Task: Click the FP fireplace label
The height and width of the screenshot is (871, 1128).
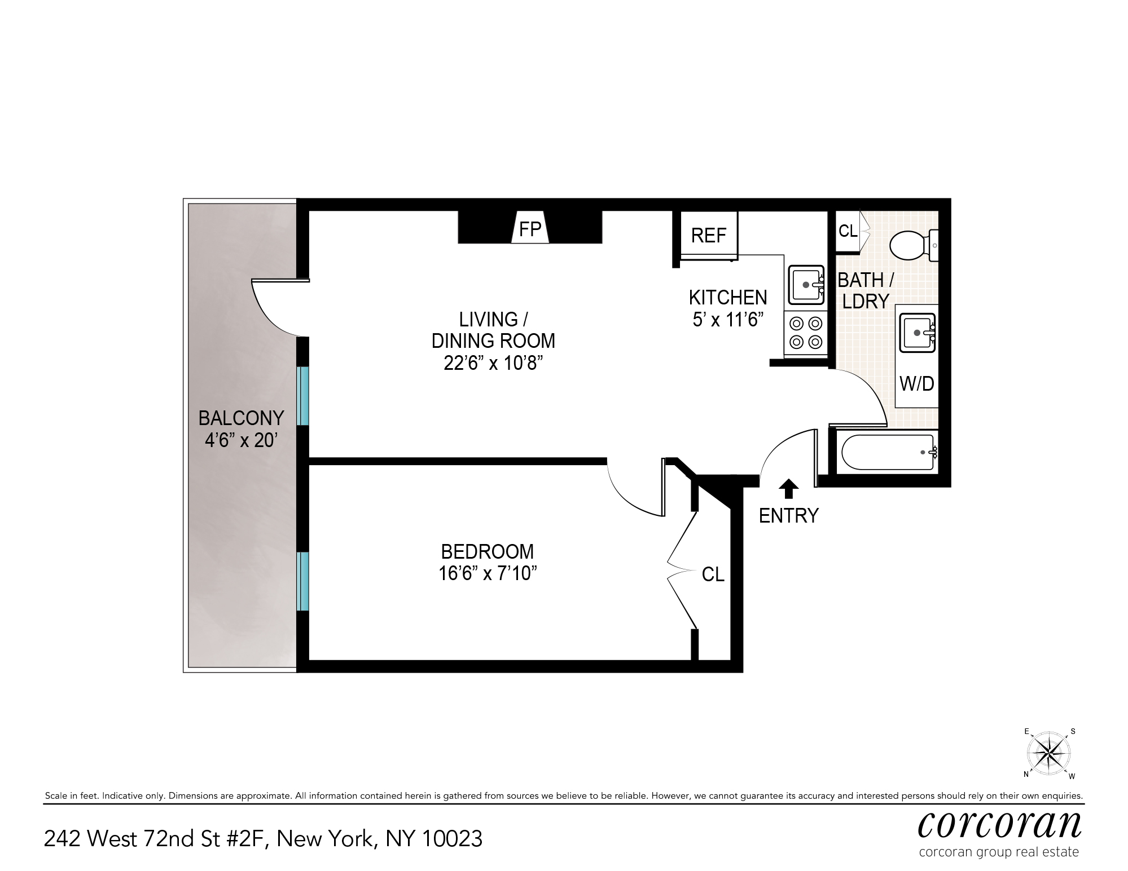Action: point(530,229)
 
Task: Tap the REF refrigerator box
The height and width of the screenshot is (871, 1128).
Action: point(709,235)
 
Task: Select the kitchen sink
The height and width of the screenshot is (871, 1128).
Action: point(806,285)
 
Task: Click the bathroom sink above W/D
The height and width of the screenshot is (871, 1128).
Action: point(917,332)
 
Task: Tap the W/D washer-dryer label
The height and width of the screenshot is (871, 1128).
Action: point(917,384)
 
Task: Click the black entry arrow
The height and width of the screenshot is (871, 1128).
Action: point(788,489)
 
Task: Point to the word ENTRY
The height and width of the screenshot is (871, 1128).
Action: point(788,516)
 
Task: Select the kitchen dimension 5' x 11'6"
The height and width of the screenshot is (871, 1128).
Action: point(728,320)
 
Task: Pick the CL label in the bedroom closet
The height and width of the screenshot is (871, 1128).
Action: point(713,574)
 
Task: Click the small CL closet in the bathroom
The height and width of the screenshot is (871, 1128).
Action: point(848,231)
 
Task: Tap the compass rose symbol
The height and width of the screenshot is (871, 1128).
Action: point(1048,754)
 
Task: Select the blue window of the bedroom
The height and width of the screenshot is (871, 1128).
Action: point(303,581)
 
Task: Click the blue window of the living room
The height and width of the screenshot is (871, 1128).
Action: point(303,396)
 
